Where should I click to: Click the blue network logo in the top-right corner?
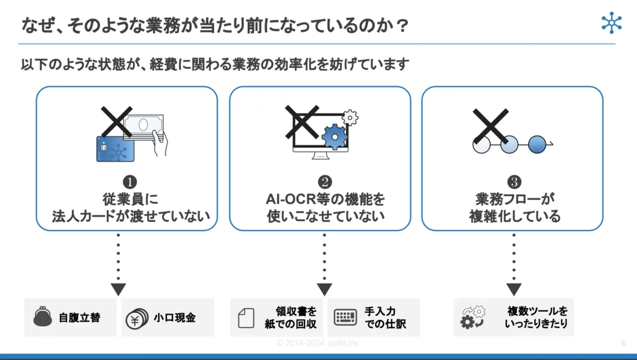612,23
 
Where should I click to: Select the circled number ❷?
325,184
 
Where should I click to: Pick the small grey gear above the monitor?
350,118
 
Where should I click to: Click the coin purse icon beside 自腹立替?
43,317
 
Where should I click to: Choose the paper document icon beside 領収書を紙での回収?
246,318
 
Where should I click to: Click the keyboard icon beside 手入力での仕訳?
345,318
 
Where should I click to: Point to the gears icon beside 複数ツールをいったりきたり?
473,317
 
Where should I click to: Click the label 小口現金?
175,317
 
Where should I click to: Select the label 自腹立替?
79,317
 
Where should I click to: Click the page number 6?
623,343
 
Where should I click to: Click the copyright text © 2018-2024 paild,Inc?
318,343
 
